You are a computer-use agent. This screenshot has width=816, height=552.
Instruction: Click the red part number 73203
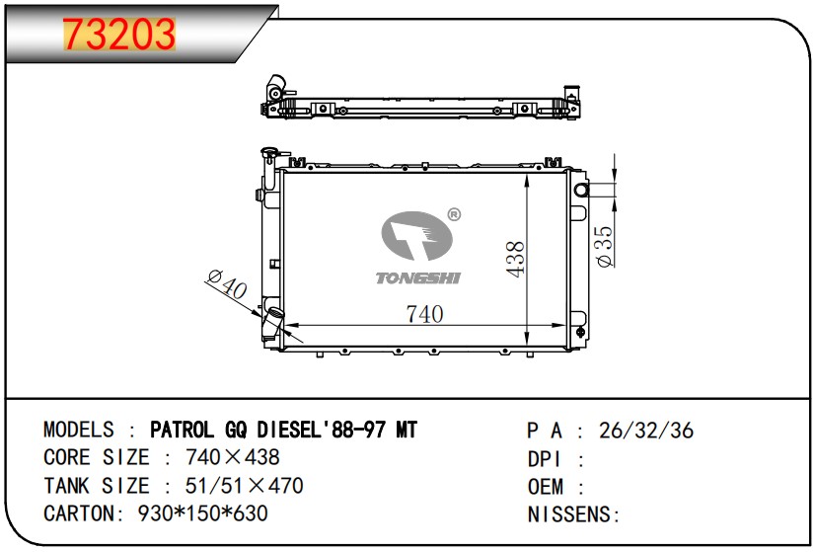[x=118, y=34]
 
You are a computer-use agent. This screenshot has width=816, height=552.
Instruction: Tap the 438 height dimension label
[x=515, y=259]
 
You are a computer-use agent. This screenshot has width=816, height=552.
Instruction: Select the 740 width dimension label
[x=424, y=314]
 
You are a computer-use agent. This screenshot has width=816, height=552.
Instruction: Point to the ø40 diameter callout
[x=227, y=284]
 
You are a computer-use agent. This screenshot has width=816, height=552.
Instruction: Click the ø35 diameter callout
[x=604, y=246]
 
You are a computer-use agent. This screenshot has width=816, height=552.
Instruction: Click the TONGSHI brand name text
[x=418, y=278]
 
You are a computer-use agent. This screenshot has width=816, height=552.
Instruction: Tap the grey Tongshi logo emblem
[x=416, y=235]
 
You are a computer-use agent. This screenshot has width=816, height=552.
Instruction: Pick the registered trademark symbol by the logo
[x=454, y=214]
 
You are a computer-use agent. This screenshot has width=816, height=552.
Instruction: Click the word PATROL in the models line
[x=182, y=431]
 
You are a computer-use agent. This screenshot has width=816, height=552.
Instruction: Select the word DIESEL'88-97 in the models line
[x=321, y=431]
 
